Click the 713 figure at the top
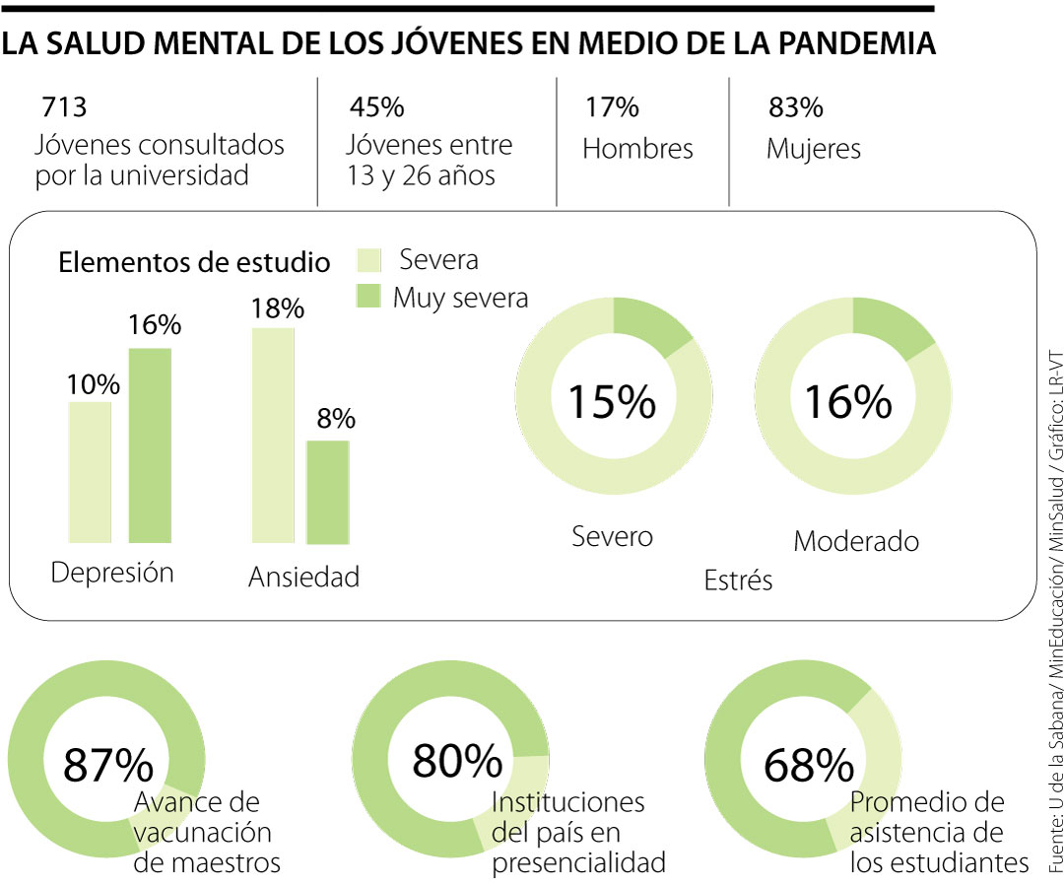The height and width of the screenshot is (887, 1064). (64, 107)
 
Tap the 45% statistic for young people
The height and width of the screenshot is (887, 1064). (376, 107)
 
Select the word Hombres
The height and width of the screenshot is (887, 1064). (637, 149)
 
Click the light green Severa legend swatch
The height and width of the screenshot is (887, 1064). (366, 261)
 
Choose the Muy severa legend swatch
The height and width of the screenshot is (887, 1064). (366, 297)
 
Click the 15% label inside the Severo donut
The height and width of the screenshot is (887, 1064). (611, 402)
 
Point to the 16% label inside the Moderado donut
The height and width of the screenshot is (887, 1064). (849, 402)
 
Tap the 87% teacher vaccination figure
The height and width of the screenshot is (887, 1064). (108, 765)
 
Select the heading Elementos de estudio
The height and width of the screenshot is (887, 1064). (194, 263)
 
